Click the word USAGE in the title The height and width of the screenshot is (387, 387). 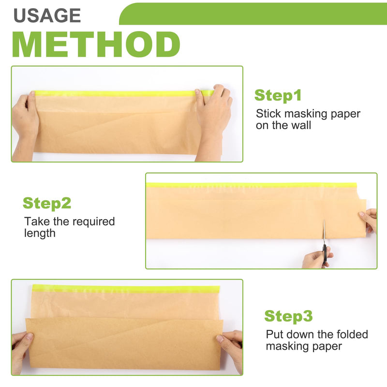(47, 15)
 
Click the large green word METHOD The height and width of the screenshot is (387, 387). (96, 45)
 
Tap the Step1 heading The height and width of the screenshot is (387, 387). (278, 95)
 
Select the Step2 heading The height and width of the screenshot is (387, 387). (47, 203)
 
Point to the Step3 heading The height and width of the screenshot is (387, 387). (288, 316)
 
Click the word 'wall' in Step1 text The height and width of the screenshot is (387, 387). (301, 125)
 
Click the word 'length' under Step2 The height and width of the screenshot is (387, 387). (40, 234)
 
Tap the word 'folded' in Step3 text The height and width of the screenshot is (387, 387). (353, 334)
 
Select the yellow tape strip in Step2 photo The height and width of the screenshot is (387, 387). (251, 185)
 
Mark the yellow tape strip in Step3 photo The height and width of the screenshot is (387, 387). (126, 288)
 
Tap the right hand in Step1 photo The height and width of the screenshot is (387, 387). (213, 121)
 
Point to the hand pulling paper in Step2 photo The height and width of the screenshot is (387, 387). (369, 220)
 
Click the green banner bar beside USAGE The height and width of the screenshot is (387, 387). (253, 14)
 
